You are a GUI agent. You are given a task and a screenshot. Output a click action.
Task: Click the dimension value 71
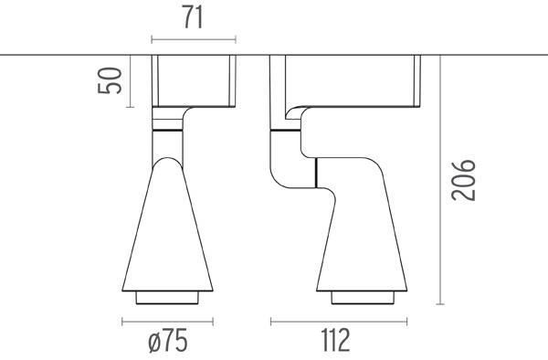(194, 17)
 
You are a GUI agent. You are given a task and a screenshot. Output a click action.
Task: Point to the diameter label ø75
(167, 342)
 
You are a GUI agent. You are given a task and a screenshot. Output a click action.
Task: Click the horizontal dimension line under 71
(194, 39)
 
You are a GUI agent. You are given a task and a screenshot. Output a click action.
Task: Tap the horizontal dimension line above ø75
(167, 321)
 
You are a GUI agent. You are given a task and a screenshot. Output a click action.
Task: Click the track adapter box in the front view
(194, 80)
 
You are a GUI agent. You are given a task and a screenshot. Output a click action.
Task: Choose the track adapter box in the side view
(353, 80)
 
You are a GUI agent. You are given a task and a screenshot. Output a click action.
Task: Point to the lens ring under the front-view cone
(167, 298)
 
